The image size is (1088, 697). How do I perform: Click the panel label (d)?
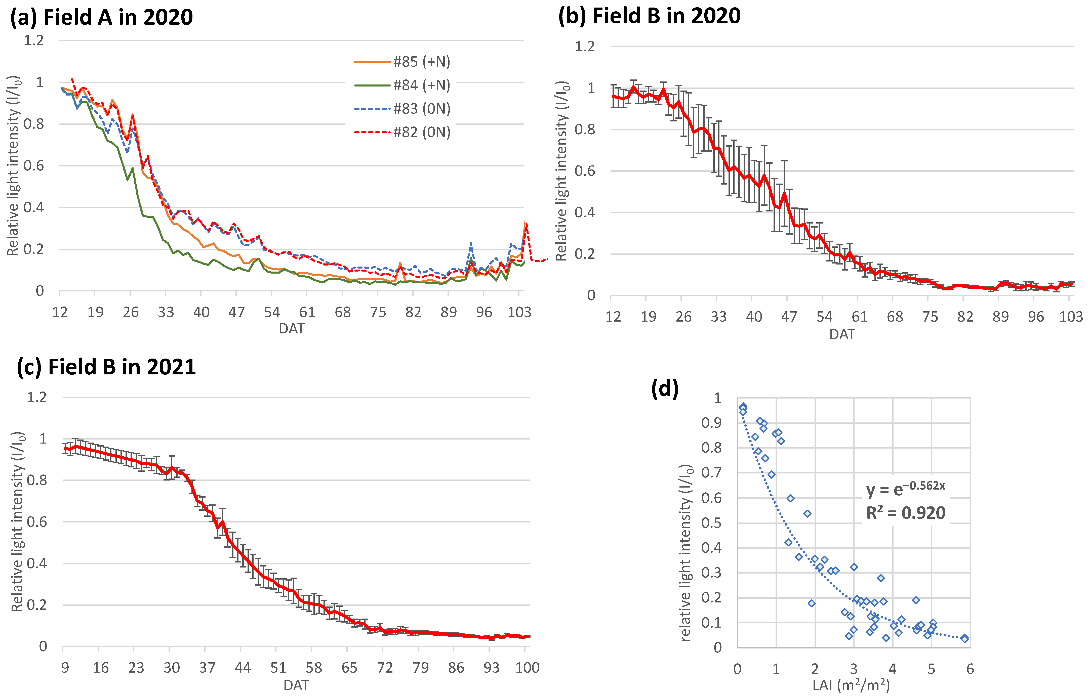pos(665,388)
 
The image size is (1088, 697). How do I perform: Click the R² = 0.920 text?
pos(906,513)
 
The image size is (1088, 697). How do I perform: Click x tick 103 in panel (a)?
pos(519,312)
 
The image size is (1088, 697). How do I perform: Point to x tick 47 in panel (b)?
pos(789,317)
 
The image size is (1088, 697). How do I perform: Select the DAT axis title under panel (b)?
pos(842,334)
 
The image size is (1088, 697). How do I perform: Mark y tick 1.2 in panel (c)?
pos(37,397)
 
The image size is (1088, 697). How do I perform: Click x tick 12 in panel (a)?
pos(60,312)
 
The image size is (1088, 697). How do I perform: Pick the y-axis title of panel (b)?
pos(561,171)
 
